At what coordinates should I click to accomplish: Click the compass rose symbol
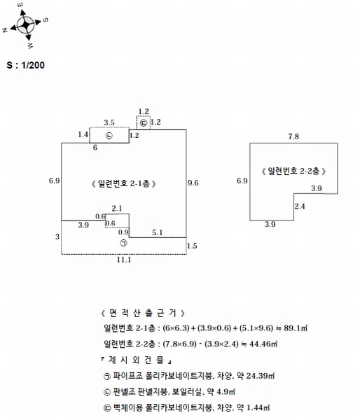point(25,25)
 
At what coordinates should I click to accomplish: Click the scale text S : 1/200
point(25,65)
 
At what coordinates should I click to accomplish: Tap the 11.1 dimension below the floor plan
point(124,260)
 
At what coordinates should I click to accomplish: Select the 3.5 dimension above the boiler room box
point(109,122)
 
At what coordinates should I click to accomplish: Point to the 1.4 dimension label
point(83,134)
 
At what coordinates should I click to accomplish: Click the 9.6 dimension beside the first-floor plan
point(193,183)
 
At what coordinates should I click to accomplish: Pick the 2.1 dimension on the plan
point(117,208)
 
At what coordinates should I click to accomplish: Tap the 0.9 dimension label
point(123,232)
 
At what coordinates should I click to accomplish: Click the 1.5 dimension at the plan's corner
point(192,246)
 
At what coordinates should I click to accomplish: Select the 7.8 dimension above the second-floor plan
point(293,136)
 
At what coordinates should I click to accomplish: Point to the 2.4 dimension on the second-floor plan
point(300,206)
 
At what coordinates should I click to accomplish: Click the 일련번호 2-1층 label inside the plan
point(123,183)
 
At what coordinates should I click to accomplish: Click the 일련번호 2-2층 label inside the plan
point(293,171)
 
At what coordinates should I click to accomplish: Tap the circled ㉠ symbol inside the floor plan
point(123,243)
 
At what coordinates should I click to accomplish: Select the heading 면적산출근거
point(143,313)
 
